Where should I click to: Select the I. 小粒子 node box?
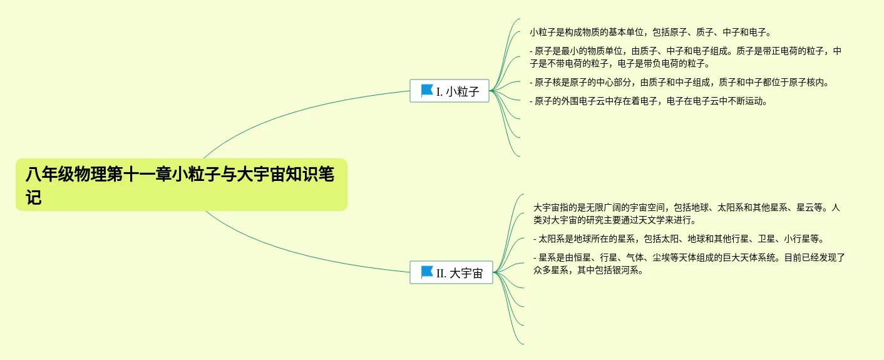click(x=449, y=91)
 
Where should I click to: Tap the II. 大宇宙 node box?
click(x=451, y=272)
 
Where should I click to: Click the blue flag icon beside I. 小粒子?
click(x=427, y=91)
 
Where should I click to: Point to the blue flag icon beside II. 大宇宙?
click(x=427, y=272)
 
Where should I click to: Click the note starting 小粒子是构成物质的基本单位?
click(x=650, y=32)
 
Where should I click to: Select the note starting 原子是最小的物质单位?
click(x=685, y=57)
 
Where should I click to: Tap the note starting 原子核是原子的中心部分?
click(x=679, y=82)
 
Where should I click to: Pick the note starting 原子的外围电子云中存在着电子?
click(x=648, y=101)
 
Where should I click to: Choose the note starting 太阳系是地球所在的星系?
click(x=678, y=239)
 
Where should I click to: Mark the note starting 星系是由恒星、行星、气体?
click(x=689, y=264)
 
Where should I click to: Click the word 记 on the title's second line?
click(x=34, y=197)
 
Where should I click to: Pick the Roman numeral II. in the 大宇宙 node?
click(x=441, y=273)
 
